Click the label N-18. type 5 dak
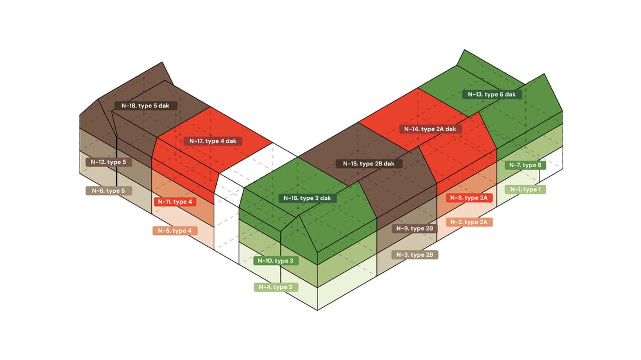[145, 106]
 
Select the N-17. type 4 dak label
[213, 141]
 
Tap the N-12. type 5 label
[109, 163]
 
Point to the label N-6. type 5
[109, 191]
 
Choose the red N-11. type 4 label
[175, 202]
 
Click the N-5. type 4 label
[175, 231]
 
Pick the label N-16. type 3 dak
[307, 198]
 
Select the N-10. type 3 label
[276, 261]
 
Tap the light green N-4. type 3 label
[276, 287]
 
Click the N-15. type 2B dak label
[369, 164]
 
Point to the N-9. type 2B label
[414, 228]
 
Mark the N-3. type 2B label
[414, 255]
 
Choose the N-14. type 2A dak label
[430, 129]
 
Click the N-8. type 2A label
[469, 197]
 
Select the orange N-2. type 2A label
[469, 222]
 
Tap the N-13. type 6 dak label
[492, 94]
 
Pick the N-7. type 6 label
[525, 165]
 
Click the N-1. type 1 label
[525, 190]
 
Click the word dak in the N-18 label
[164, 106]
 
